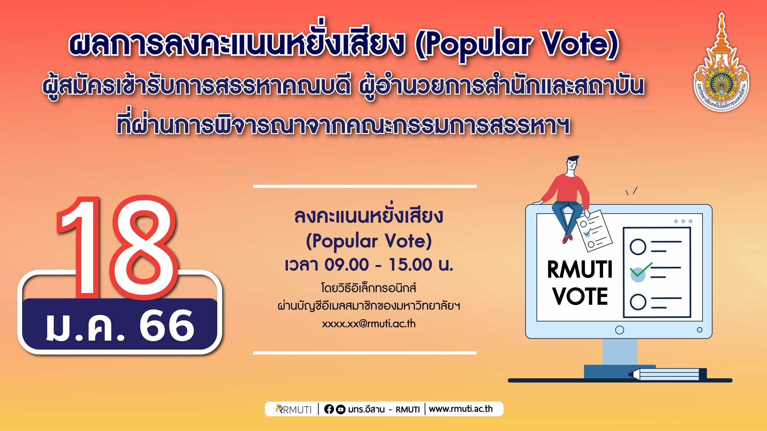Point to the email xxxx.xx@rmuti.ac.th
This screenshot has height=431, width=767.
[369, 324]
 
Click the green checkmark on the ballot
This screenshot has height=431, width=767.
[641, 270]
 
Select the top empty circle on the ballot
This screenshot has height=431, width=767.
[638, 247]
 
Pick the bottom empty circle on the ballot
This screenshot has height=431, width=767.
[638, 302]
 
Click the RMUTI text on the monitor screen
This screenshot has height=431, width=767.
[579, 269]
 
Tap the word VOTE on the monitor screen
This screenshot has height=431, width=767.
[580, 296]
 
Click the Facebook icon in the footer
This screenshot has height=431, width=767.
[329, 409]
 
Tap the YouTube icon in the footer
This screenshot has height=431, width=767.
[341, 409]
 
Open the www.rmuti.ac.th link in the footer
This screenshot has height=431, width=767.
[460, 409]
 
